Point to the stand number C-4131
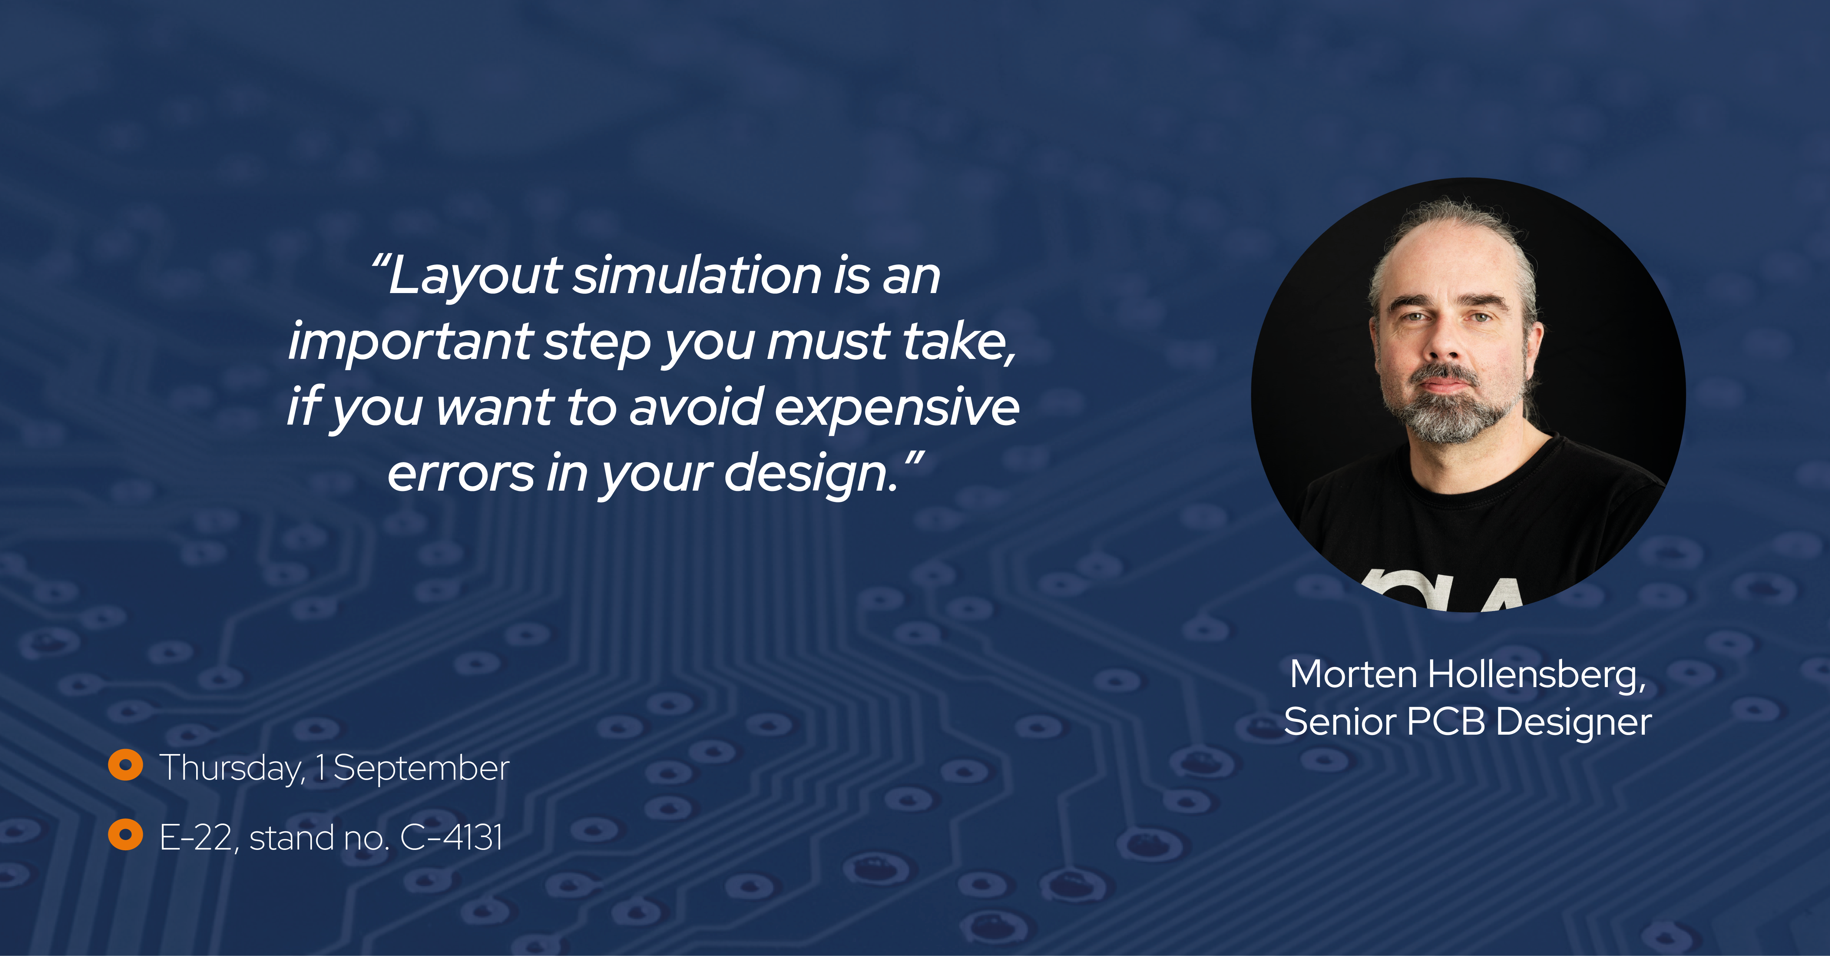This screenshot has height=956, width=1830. click(x=452, y=837)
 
